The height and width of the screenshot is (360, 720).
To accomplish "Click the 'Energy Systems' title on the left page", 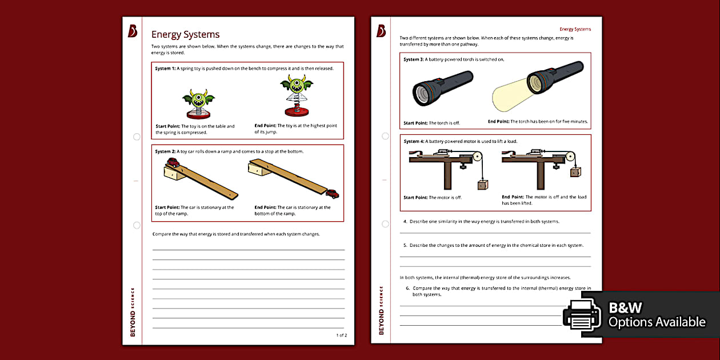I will (x=185, y=34).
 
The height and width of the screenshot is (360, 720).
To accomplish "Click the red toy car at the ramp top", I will (x=173, y=162).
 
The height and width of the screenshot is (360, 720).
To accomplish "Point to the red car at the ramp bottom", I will (x=332, y=194).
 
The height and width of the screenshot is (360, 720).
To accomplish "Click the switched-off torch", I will (x=442, y=87).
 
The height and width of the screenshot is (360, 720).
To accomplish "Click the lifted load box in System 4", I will (x=575, y=171).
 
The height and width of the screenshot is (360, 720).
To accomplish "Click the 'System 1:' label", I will (x=165, y=69).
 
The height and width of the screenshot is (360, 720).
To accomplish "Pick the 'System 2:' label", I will (x=165, y=151).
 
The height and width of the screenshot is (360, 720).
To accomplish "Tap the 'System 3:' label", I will (x=414, y=59).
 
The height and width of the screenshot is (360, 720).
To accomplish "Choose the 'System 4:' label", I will (x=414, y=141).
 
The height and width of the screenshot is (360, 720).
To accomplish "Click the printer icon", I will (x=582, y=315).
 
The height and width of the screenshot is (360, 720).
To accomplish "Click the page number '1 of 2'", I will (x=341, y=335).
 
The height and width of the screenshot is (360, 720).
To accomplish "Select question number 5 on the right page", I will (x=405, y=245).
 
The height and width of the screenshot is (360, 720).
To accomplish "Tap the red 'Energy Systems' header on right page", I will (x=575, y=29).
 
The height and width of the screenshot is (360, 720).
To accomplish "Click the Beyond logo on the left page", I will (x=133, y=32).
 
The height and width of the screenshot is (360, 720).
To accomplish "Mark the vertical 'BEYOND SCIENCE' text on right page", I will (x=381, y=310).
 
